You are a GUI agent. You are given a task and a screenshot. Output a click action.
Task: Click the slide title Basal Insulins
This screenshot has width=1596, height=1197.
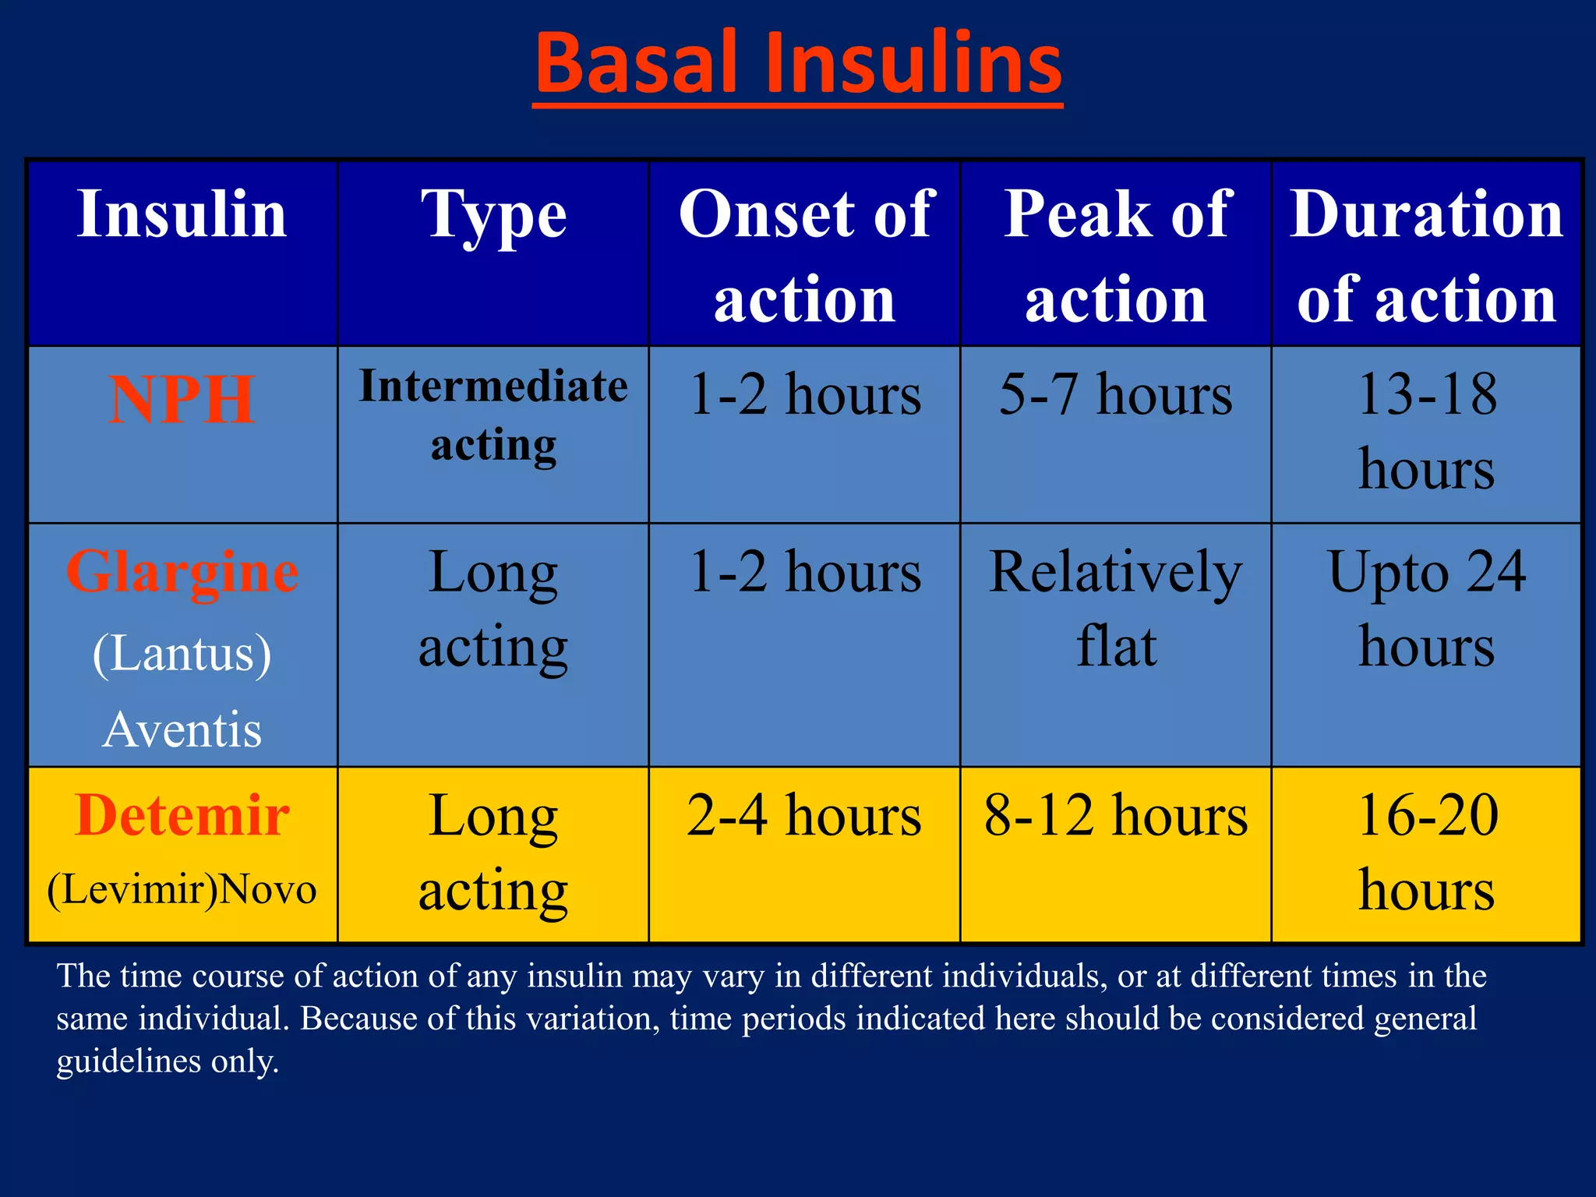798,64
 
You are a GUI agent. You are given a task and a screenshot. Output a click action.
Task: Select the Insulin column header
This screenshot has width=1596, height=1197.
182,214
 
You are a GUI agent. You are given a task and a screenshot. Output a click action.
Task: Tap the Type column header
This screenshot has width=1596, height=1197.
493,216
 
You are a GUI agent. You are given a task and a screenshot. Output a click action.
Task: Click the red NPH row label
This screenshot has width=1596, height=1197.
182,400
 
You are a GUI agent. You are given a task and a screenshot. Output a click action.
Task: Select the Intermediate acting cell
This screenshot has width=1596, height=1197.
493,416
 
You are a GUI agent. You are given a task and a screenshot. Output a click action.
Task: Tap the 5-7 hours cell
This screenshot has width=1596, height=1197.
1116,394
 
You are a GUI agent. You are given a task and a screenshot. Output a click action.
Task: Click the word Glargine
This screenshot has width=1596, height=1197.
182,573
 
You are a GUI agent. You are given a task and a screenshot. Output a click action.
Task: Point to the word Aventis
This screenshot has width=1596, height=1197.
182,730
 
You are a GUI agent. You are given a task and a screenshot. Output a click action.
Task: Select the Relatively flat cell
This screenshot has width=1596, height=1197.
1116,609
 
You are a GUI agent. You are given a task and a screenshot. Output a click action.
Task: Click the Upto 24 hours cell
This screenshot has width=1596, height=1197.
1426,609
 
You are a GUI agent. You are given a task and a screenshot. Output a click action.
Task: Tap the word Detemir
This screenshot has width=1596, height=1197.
182,816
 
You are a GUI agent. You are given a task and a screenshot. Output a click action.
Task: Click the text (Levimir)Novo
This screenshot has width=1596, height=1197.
182,889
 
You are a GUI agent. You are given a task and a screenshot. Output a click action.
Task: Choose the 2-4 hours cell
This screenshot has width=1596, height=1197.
805,816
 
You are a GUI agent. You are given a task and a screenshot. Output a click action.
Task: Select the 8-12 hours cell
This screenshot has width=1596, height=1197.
1116,816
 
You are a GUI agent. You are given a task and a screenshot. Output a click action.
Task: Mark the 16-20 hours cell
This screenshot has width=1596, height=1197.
1426,853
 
